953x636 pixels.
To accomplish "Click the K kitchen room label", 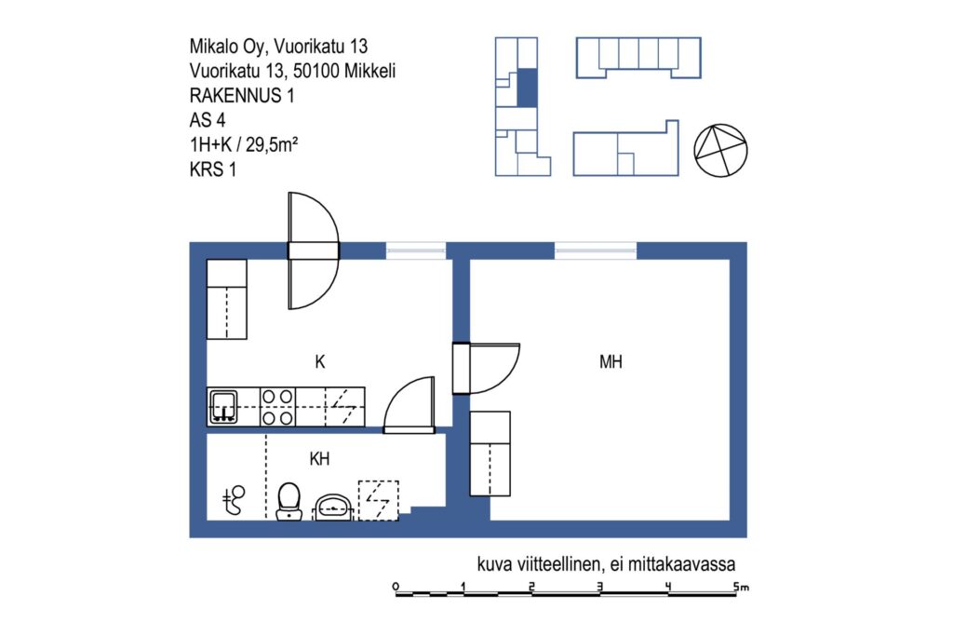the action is point(320,362).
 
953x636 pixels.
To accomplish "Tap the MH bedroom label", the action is point(611,362).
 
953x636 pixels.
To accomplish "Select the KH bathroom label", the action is point(320,458).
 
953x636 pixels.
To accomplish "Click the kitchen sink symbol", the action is point(223,407).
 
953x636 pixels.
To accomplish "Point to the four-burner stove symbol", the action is point(277,407).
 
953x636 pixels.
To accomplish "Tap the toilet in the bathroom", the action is point(289,502).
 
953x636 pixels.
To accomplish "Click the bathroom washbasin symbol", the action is point(332,507).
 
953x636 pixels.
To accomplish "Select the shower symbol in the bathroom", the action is point(233,500).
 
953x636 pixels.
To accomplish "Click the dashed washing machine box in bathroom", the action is point(378,500).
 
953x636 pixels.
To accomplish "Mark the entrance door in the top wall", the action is point(313,250).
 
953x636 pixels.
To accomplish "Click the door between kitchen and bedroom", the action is point(486,369).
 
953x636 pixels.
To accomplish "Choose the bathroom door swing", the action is point(409,405).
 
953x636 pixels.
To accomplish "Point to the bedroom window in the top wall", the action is point(596,250).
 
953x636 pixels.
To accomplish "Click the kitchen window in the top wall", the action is point(416,250).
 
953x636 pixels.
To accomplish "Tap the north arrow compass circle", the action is point(721,151).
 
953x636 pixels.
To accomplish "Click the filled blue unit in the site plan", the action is point(527,88).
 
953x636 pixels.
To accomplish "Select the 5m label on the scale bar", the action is point(741,587).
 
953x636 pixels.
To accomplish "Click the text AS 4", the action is point(208,120).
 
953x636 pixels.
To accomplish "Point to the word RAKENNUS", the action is point(235,96).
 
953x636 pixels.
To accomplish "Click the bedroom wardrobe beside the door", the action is point(490,453).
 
